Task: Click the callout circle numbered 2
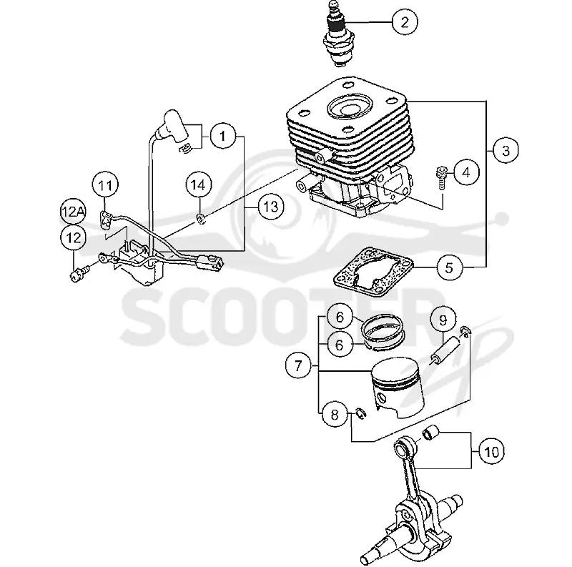tap(405, 22)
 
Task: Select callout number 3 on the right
tap(506, 150)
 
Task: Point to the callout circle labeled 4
tap(466, 172)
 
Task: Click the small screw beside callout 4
tap(442, 178)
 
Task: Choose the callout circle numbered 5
tap(450, 268)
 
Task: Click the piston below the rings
tap(398, 387)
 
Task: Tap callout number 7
tap(298, 365)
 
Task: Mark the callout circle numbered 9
tap(443, 320)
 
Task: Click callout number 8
tap(335, 415)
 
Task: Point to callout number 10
tap(491, 452)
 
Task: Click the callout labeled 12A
tap(73, 211)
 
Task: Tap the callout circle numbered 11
tap(105, 185)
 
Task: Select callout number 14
tap(199, 185)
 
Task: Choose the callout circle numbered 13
tap(271, 207)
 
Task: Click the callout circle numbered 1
tap(223, 136)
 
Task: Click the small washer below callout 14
tap(201, 220)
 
